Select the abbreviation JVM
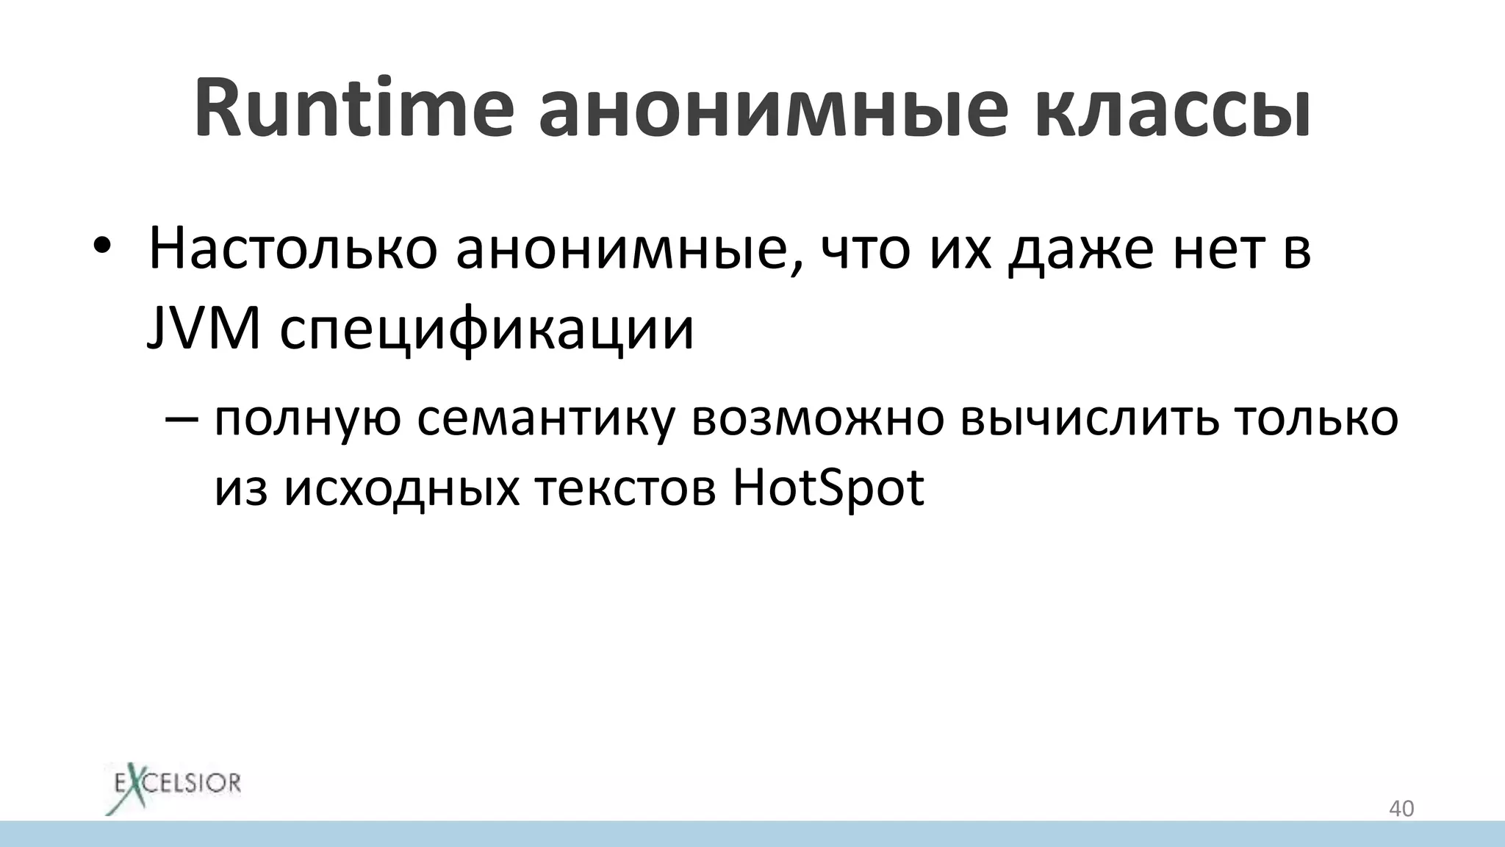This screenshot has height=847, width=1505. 204,329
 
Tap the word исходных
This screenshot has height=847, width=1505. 401,487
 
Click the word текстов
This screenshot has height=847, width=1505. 625,487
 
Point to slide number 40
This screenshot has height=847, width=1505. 1401,809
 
